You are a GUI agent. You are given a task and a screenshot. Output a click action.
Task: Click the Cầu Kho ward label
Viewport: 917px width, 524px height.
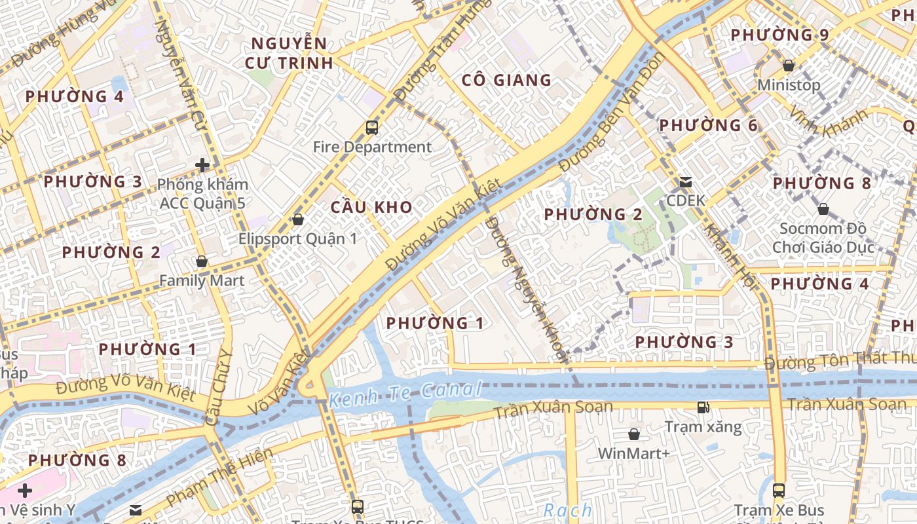371,208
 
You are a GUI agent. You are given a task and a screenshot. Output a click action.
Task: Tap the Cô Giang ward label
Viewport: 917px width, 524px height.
506,81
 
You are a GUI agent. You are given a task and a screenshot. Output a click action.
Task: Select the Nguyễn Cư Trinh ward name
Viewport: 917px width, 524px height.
289,54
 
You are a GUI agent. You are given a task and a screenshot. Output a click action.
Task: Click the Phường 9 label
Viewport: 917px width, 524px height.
779,35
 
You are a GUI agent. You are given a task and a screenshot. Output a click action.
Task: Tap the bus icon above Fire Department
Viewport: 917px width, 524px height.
372,128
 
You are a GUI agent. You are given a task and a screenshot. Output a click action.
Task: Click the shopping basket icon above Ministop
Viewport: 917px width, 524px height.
789,66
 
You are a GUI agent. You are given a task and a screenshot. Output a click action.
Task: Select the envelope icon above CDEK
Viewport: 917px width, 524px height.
686,181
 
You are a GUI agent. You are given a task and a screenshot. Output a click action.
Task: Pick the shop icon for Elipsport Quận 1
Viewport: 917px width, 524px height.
298,219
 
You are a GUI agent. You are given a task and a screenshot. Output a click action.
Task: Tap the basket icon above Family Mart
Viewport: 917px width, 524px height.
202,262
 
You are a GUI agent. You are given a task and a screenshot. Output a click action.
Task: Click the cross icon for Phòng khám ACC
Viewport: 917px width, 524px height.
202,165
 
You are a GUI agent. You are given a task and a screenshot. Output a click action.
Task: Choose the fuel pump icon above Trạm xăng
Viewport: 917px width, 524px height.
703,407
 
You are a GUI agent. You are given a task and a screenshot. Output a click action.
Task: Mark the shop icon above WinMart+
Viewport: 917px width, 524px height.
633,434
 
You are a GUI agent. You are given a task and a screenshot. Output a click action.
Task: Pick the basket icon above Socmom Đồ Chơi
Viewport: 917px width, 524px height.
823,209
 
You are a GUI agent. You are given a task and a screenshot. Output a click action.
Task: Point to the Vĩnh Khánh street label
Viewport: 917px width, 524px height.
828,125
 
